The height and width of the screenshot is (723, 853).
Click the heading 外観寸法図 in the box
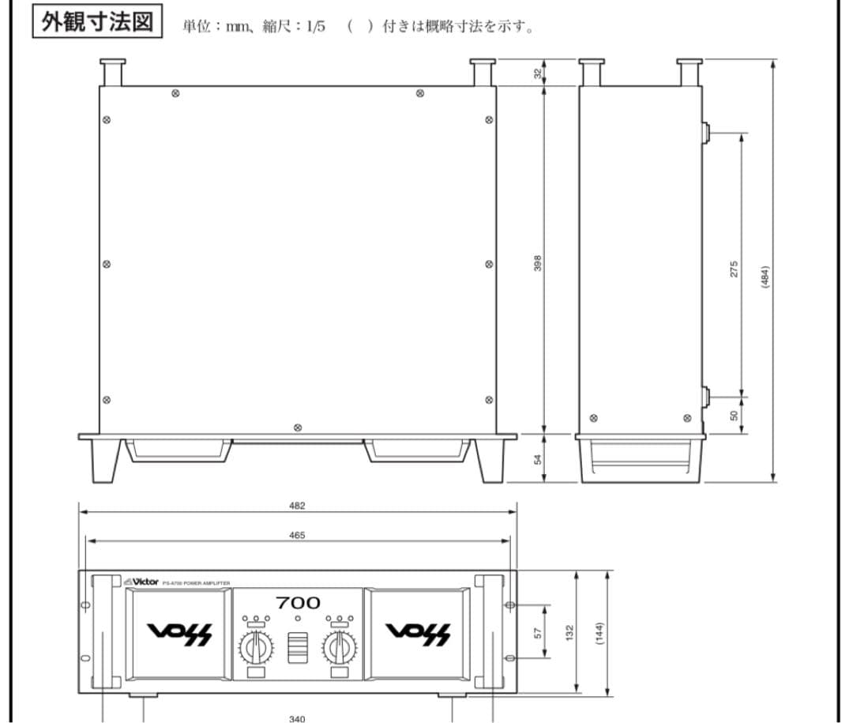point(97,21)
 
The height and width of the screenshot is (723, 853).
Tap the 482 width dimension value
point(297,506)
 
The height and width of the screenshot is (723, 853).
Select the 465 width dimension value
point(297,535)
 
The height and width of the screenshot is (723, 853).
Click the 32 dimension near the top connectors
point(538,73)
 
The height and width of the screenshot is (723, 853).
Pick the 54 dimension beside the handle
point(538,458)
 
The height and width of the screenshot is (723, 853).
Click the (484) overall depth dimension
point(765,277)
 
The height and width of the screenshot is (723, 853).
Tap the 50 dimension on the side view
point(734,415)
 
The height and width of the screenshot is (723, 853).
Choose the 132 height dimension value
point(570,632)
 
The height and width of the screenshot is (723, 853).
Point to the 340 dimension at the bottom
point(297,718)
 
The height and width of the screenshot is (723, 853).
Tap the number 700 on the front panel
point(298,603)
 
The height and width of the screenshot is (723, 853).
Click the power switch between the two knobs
point(298,648)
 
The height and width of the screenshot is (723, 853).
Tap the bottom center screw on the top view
point(297,427)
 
